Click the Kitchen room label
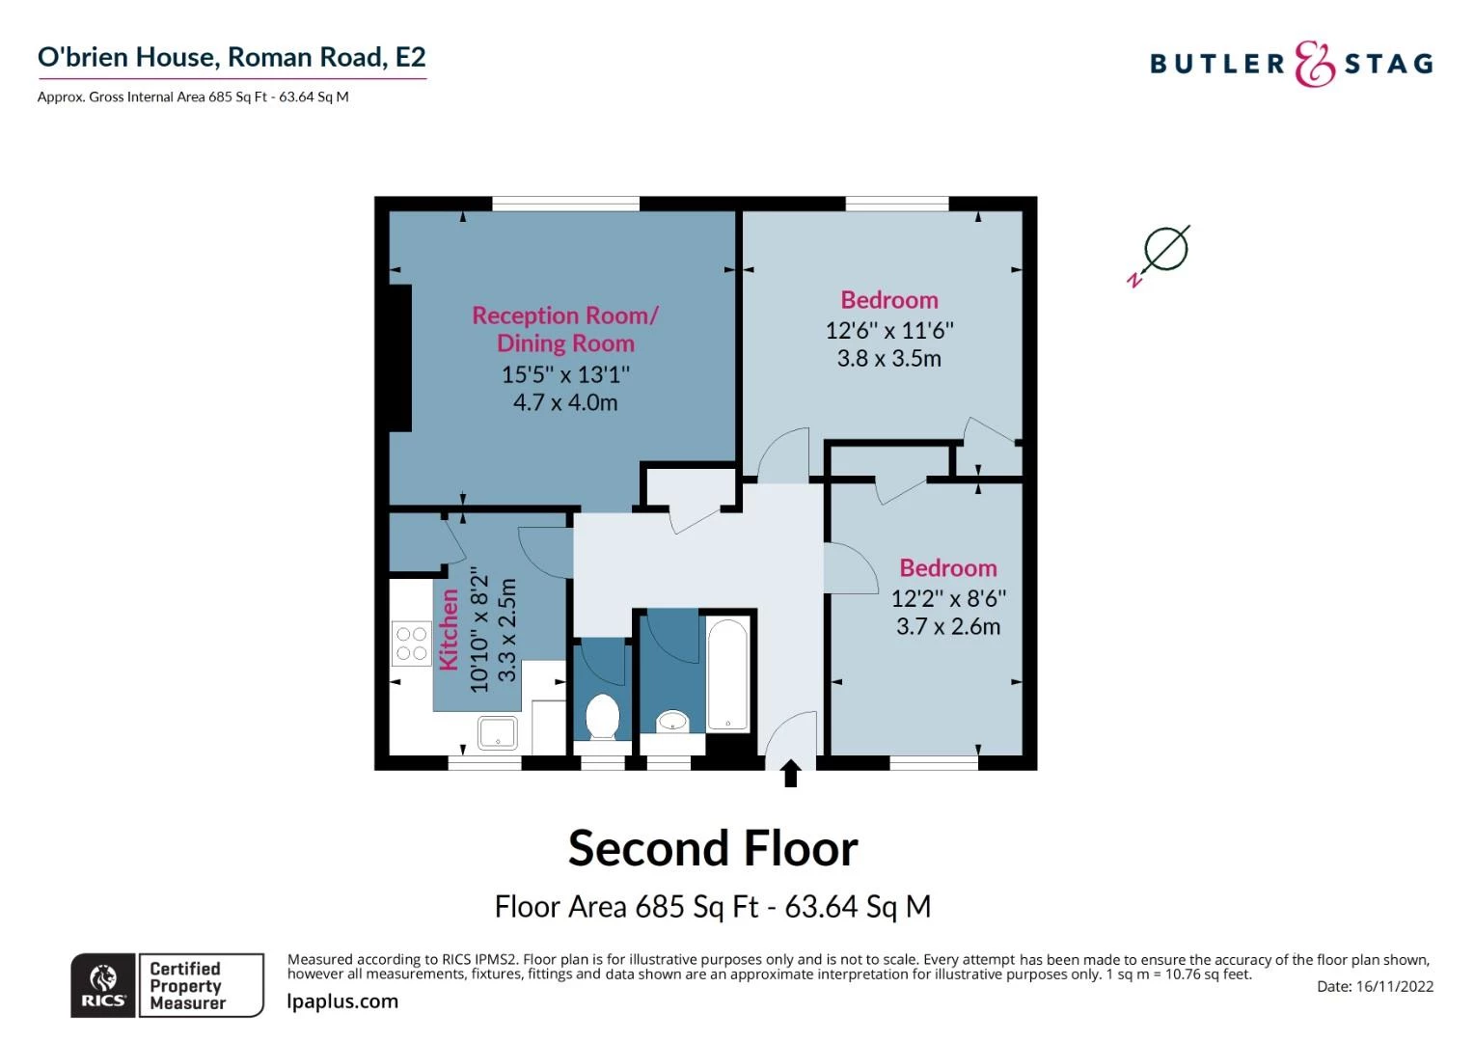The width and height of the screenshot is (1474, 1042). [x=449, y=630]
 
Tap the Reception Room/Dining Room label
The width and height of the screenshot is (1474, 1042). [x=565, y=329]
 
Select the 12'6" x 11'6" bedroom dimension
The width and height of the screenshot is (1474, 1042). [x=888, y=330]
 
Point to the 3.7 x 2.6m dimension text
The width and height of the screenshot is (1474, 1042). [x=947, y=626]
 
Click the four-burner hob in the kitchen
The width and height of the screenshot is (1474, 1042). [x=412, y=644]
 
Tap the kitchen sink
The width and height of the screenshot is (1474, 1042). [x=498, y=733]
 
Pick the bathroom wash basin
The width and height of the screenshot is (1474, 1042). [x=672, y=721]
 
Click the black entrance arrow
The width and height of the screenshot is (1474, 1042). [x=790, y=774]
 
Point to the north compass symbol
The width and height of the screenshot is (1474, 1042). [x=1161, y=253]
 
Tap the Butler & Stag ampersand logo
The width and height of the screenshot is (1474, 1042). [x=1314, y=65]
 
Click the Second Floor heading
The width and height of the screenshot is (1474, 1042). [x=713, y=849]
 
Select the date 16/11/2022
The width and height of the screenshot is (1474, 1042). [x=1394, y=986]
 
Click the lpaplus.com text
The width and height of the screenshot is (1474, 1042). [x=342, y=1001]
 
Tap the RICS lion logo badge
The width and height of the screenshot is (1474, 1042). [x=103, y=985]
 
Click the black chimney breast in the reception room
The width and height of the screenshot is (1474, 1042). [x=399, y=358]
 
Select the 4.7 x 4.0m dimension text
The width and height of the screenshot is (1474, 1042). [x=565, y=402]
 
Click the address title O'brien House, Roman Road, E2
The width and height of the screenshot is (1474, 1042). [x=232, y=58]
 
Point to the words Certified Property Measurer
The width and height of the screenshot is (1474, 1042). [x=187, y=985]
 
